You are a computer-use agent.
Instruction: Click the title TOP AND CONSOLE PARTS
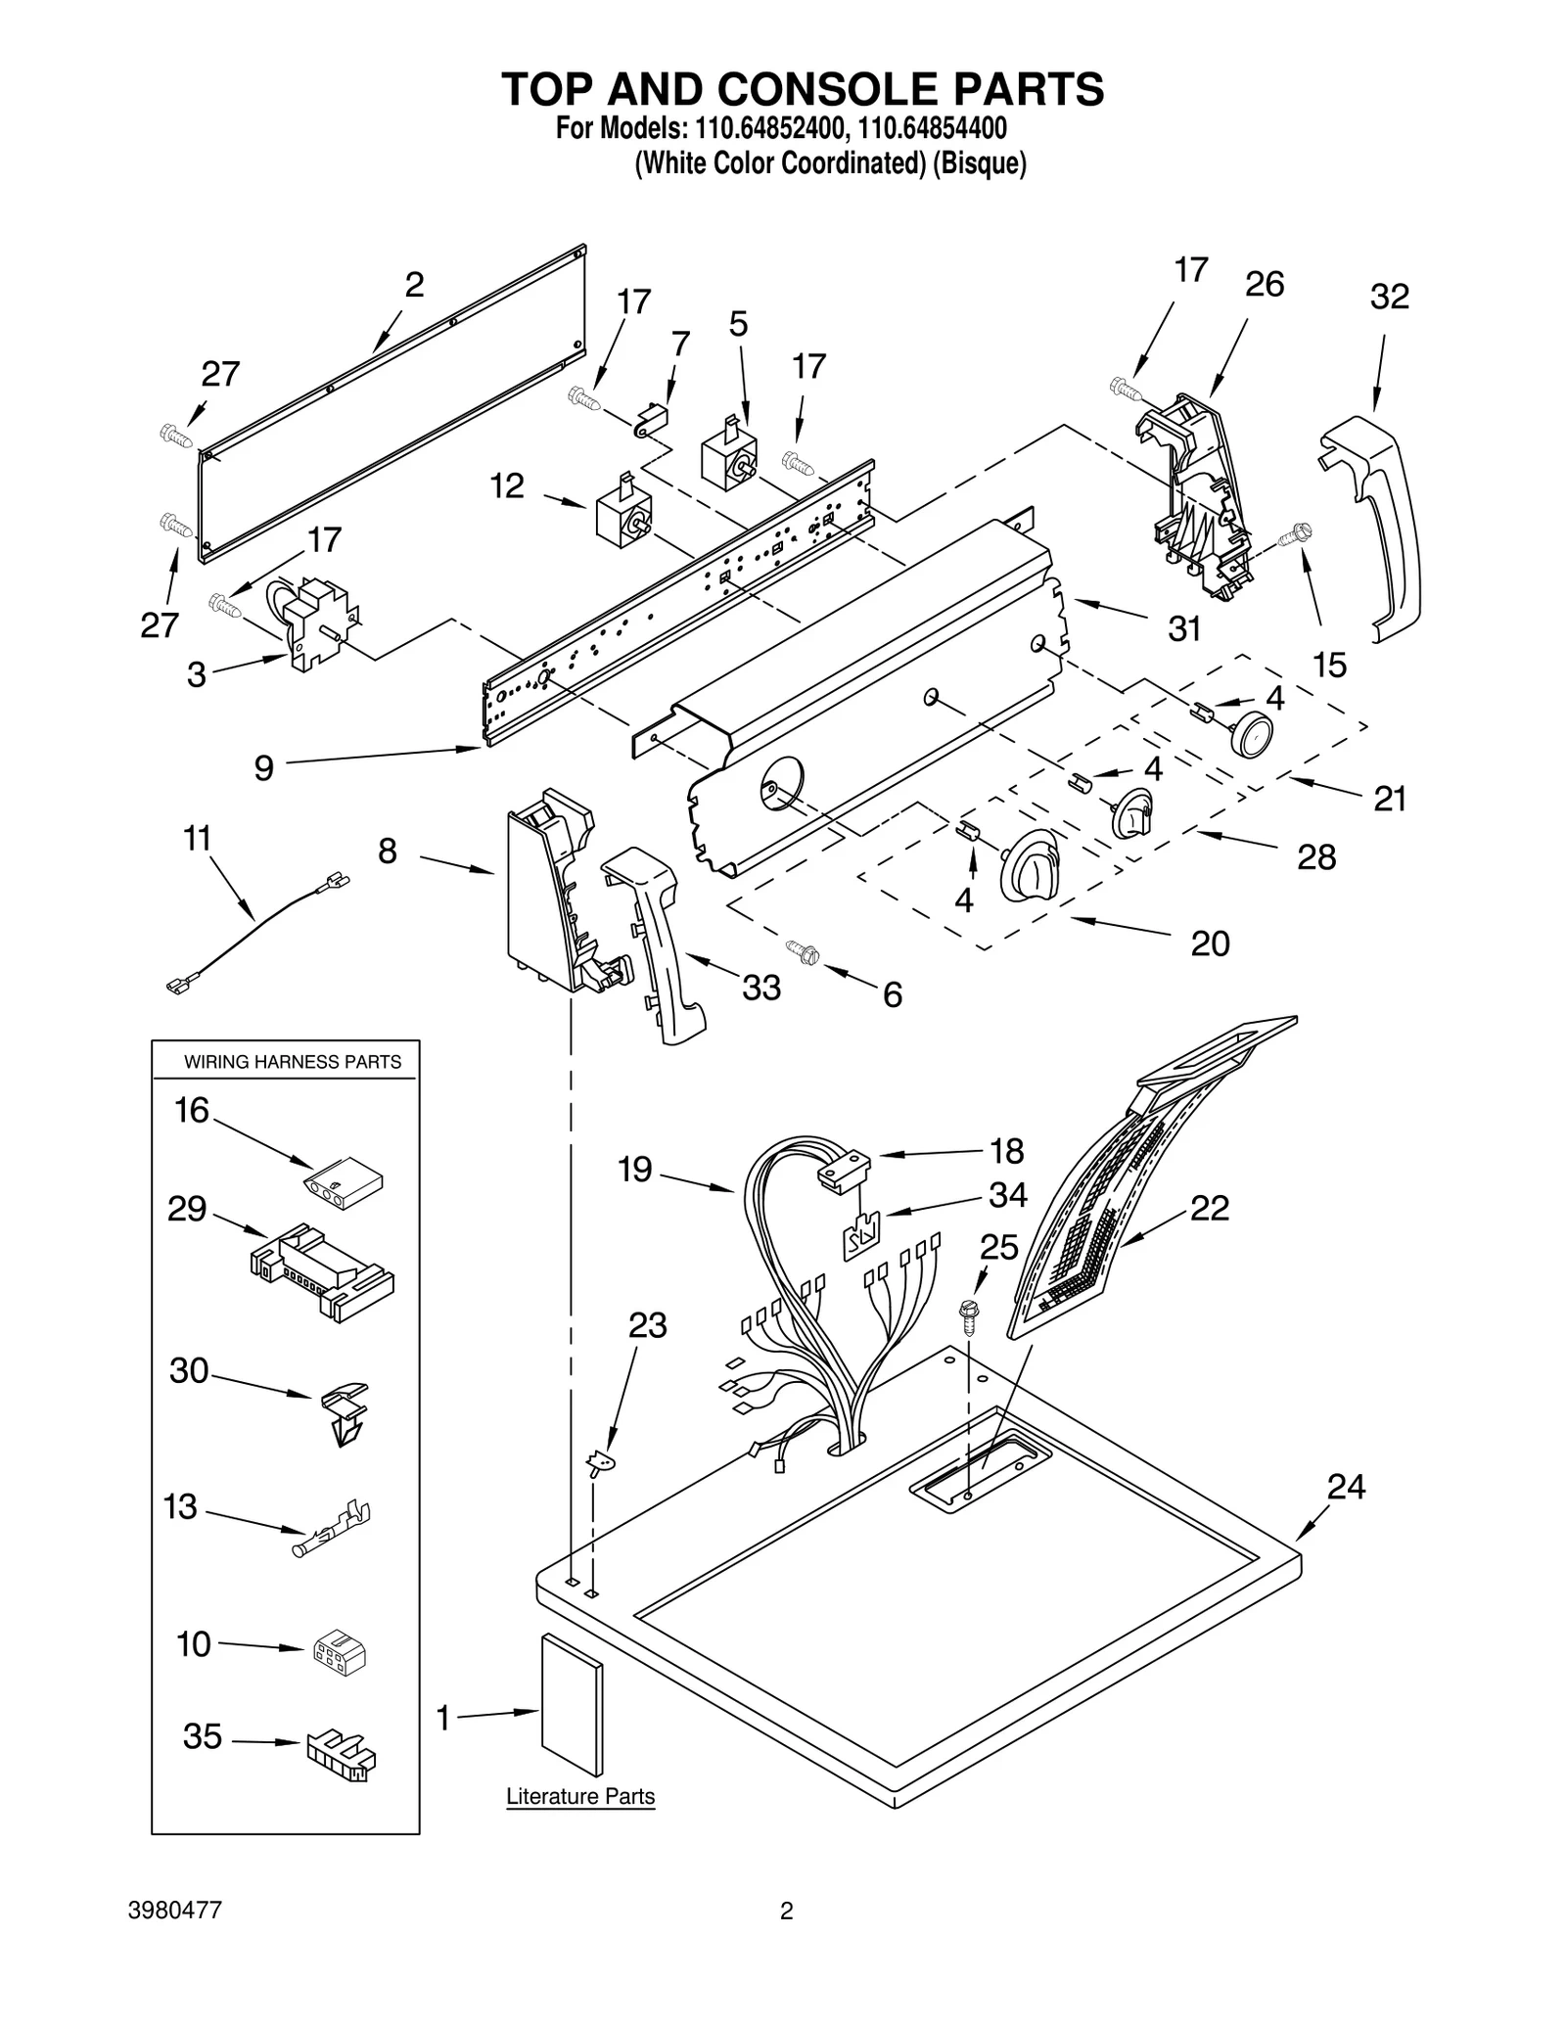[803, 89]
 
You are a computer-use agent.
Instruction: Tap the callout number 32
[1389, 297]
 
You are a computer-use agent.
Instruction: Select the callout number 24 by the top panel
[1346, 1487]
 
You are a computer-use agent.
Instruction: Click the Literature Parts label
[579, 1796]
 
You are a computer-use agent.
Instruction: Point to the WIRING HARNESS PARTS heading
[293, 1062]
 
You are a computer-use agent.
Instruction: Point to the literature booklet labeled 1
[573, 1703]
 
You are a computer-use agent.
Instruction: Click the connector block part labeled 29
[323, 1272]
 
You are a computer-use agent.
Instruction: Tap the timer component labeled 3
[313, 622]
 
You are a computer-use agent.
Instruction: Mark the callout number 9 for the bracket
[263, 768]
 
